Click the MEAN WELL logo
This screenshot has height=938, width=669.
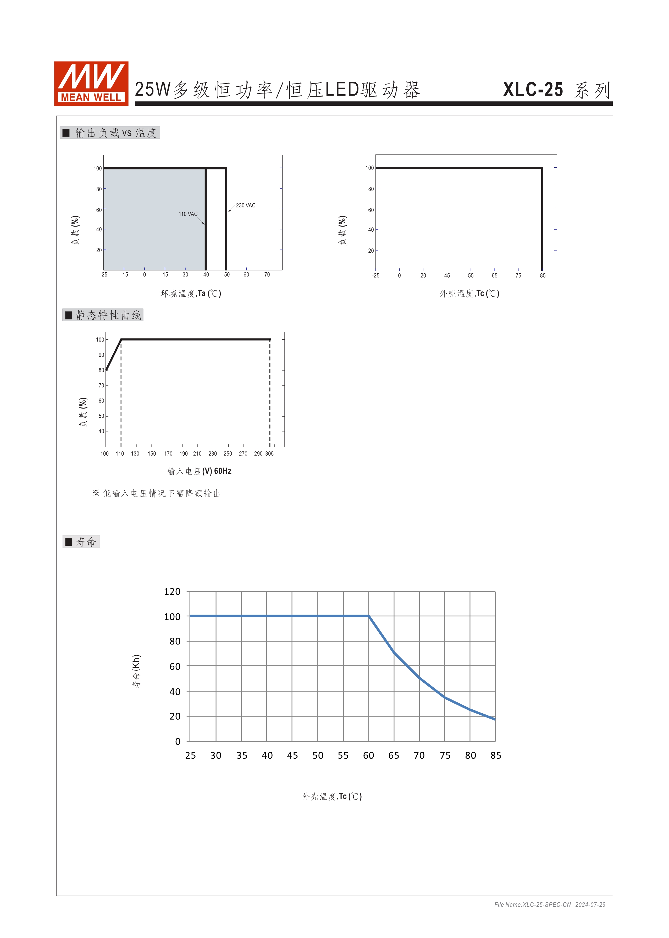pos(91,84)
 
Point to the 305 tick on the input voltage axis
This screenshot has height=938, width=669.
pos(269,454)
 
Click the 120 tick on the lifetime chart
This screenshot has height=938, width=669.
pos(172,592)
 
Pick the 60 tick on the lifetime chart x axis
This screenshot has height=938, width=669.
pos(368,755)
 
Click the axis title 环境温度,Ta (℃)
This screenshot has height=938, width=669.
pos(191,293)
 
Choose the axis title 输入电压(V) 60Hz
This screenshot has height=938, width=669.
pos(199,471)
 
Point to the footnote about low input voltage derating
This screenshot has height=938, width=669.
pos(157,493)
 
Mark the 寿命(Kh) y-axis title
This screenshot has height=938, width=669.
pos(136,671)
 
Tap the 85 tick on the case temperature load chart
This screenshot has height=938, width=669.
pos(543,275)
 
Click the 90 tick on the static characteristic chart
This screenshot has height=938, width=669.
pos(101,355)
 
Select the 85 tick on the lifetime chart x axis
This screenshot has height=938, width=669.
pos(496,755)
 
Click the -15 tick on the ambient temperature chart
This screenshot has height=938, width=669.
pos(124,275)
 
